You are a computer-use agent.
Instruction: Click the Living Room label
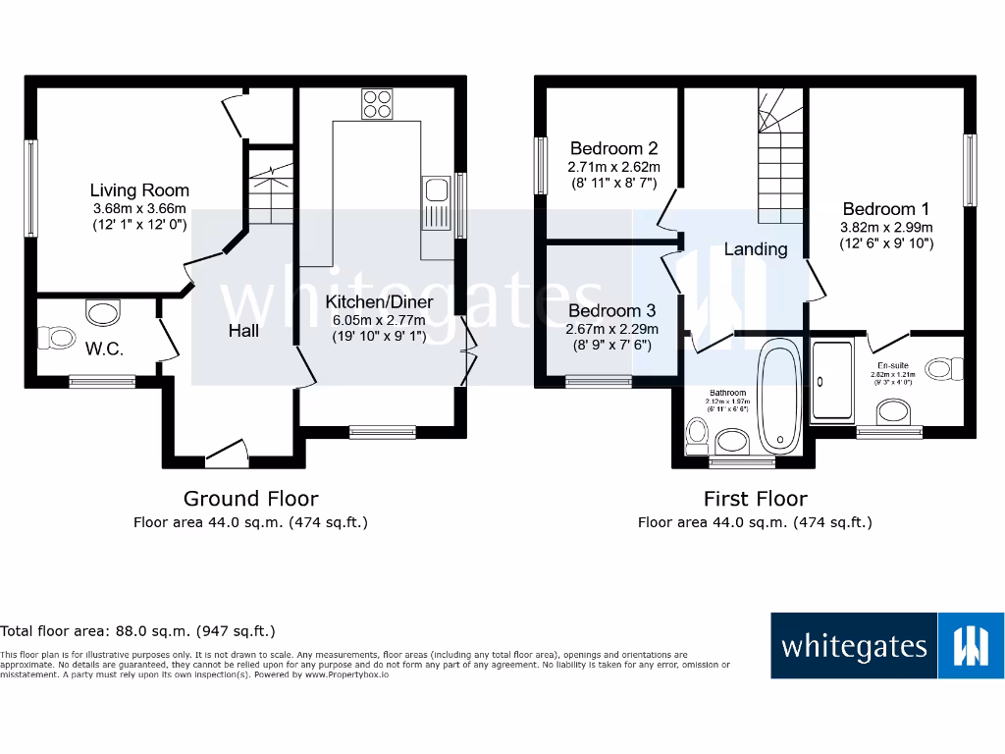(139, 190)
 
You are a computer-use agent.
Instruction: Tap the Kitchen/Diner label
(379, 302)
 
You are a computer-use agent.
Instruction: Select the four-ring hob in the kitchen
(376, 104)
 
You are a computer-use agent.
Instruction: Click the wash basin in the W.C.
(102, 313)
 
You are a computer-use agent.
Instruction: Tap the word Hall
(243, 331)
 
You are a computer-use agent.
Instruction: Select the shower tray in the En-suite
(833, 381)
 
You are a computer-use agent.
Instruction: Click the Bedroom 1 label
(885, 209)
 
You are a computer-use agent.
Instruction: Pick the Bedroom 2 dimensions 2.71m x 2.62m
(613, 167)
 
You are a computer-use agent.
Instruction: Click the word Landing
(756, 249)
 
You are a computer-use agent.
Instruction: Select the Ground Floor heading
(250, 499)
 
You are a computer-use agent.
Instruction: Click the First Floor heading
(755, 499)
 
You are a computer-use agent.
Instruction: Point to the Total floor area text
(137, 631)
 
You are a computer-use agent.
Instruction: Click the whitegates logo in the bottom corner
(886, 646)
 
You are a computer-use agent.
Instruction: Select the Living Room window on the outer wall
(31, 188)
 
